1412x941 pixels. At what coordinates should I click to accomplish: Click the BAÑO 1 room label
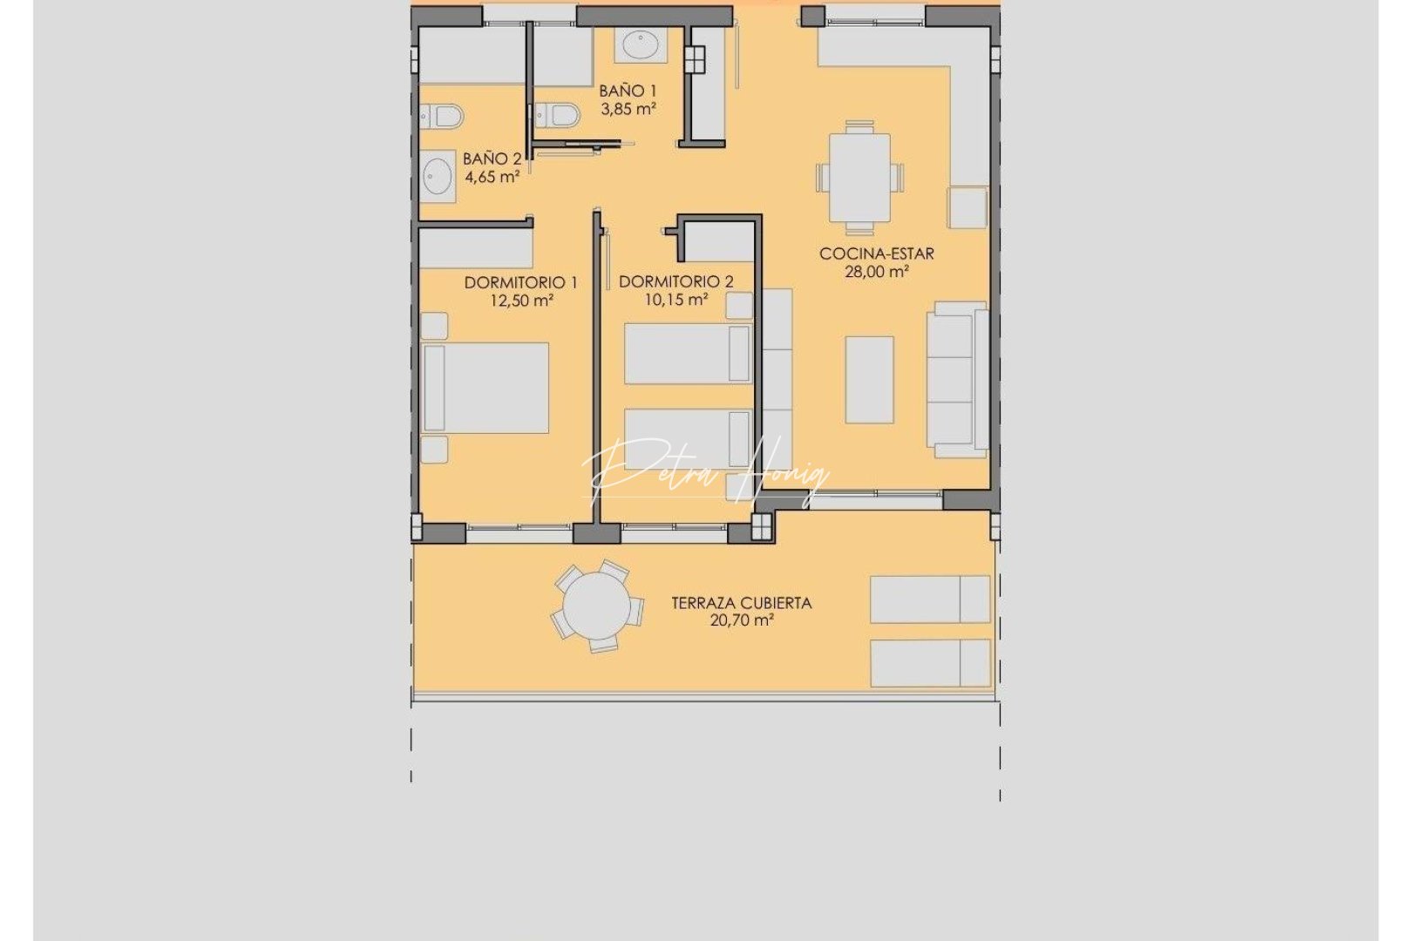[x=627, y=91]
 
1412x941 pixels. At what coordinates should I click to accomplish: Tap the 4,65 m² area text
[x=492, y=177]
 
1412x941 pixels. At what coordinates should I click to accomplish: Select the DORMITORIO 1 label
[x=520, y=282]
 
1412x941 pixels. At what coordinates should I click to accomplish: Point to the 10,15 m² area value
[x=675, y=300]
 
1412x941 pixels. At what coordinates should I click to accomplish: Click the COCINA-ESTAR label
[x=876, y=254]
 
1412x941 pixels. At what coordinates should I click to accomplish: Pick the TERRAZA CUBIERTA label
[x=741, y=602]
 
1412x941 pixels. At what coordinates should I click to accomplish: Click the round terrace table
[x=597, y=606]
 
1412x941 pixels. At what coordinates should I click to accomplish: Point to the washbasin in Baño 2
[x=438, y=177]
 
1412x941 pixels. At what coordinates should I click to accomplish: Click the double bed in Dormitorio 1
[x=486, y=388]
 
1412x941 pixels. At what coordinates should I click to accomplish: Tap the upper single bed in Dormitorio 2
[x=688, y=353]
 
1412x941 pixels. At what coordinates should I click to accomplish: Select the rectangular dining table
[x=859, y=178]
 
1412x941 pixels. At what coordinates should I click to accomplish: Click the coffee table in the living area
[x=869, y=380]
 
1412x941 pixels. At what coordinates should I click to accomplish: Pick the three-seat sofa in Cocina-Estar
[x=956, y=380]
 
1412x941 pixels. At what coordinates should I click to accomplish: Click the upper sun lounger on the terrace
[x=929, y=599]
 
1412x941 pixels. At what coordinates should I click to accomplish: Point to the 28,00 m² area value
[x=876, y=272]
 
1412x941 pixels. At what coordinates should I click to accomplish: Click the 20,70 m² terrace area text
[x=741, y=620]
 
